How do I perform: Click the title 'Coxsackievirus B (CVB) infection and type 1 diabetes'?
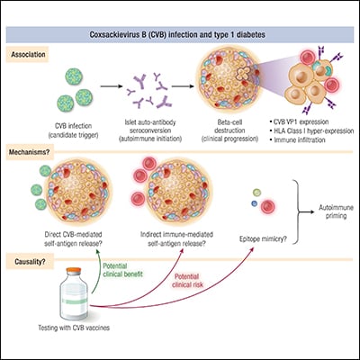[x=180, y=37]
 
